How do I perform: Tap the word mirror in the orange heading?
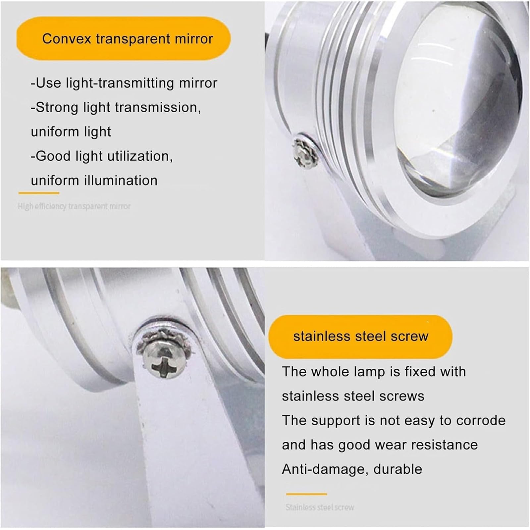[x=194, y=39]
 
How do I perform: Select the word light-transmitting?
[x=120, y=83]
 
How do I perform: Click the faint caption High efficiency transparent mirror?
[x=74, y=206]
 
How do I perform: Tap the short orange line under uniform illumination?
[x=39, y=193]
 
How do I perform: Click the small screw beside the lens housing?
[x=306, y=152]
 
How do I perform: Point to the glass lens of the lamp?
[x=464, y=109]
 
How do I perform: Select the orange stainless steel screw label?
[x=360, y=337]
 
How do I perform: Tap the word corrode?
[x=481, y=420]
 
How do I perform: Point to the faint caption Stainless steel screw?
[x=320, y=507]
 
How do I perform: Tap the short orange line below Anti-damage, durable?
[x=306, y=494]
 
